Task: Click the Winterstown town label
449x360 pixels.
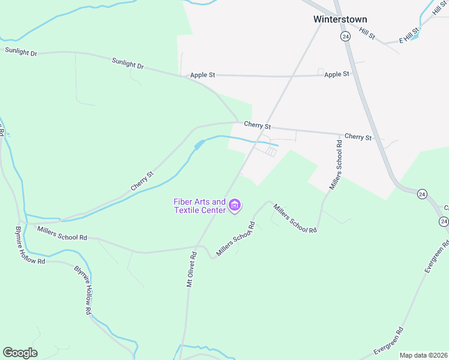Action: click(x=340, y=19)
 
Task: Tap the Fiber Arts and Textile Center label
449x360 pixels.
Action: click(x=200, y=206)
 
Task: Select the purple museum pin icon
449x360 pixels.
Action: click(x=235, y=206)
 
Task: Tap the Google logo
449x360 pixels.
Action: click(x=20, y=353)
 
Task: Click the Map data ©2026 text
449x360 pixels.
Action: click(x=424, y=355)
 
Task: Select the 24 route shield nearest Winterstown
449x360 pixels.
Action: click(x=345, y=37)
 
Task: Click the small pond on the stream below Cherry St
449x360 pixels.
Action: click(x=199, y=145)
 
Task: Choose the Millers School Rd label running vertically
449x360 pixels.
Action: click(x=335, y=165)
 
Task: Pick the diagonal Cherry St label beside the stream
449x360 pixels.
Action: click(x=142, y=182)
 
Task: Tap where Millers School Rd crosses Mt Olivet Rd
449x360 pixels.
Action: click(x=197, y=246)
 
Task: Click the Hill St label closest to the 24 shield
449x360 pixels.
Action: click(x=367, y=34)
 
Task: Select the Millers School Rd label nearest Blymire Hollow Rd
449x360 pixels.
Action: click(x=62, y=233)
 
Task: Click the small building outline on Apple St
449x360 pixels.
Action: click(x=321, y=71)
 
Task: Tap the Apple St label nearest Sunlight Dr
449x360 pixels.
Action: click(x=202, y=75)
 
